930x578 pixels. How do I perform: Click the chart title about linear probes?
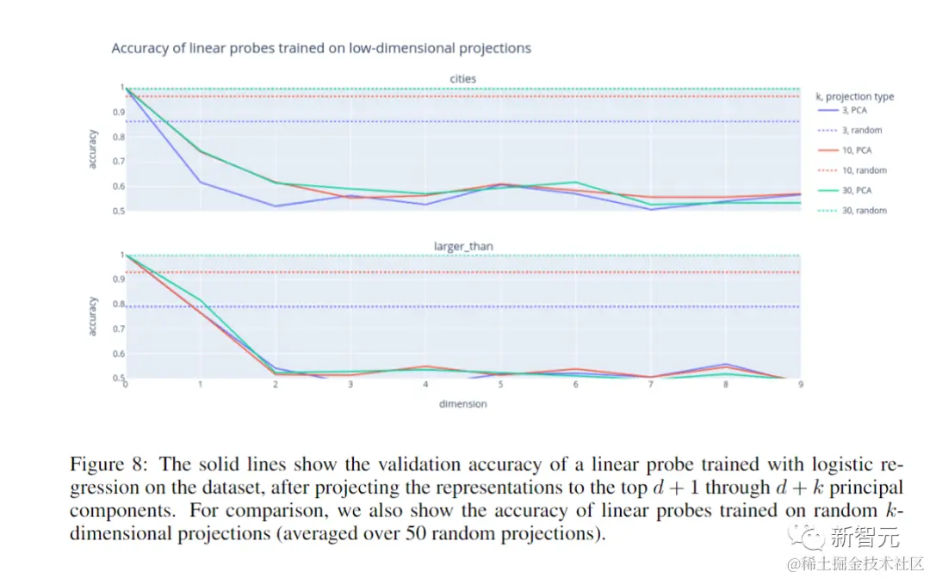point(321,48)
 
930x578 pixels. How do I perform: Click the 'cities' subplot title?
point(462,79)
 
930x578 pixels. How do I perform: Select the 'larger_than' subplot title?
point(462,246)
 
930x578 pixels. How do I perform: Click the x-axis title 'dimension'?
point(462,403)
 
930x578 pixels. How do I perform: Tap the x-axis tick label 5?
point(500,385)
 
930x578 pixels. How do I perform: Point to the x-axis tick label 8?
point(726,385)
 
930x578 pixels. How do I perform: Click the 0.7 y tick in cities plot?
point(117,162)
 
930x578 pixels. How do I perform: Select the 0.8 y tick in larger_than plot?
point(117,304)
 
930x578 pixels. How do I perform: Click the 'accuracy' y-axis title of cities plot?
point(93,149)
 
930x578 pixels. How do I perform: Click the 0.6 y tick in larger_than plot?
point(117,354)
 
